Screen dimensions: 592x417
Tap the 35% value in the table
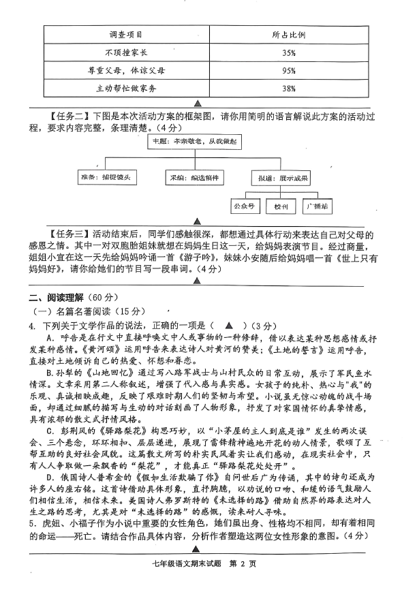click(x=288, y=52)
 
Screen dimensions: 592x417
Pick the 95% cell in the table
click(x=288, y=70)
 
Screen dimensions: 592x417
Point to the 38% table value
click(x=288, y=89)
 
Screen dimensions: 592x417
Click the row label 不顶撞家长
click(x=125, y=52)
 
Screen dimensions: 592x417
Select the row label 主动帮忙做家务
click(x=125, y=89)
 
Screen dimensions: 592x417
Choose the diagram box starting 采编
click(x=196, y=177)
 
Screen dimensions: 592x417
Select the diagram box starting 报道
click(x=287, y=177)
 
